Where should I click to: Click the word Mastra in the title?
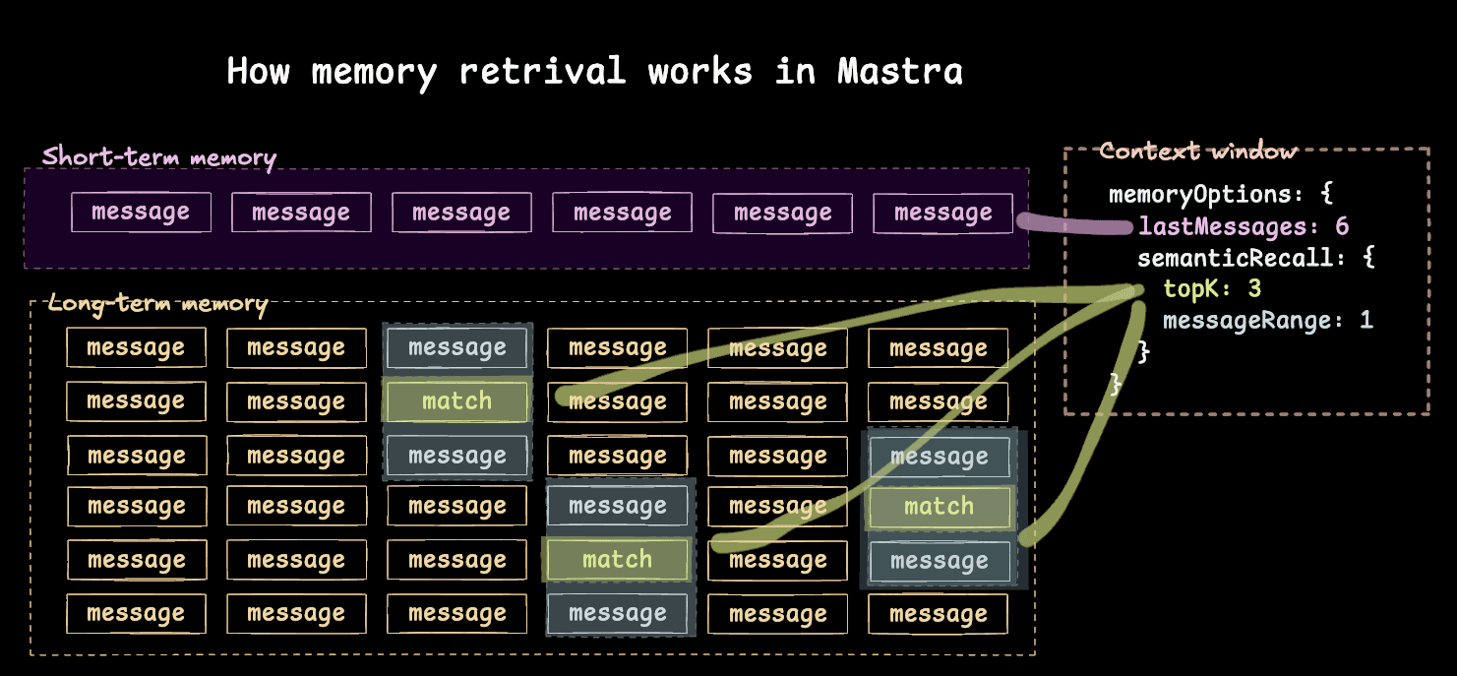[x=899, y=71]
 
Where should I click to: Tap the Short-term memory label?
[x=159, y=156]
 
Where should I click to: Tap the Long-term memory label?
[x=157, y=304]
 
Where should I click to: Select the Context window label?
[x=1198, y=152]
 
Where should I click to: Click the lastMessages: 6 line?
[x=1244, y=227]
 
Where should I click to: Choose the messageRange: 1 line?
[x=1267, y=320]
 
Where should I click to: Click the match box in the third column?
[x=456, y=401]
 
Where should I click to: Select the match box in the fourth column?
[x=617, y=560]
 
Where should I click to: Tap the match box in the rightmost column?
[x=939, y=507]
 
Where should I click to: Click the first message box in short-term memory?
[x=141, y=213]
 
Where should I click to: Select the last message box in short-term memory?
[x=942, y=213]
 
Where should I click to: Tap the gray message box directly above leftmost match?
[x=456, y=347]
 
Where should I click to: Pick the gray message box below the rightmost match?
[x=939, y=561]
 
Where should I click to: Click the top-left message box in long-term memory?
[x=136, y=347]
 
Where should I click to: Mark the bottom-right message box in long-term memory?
[x=939, y=614]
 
